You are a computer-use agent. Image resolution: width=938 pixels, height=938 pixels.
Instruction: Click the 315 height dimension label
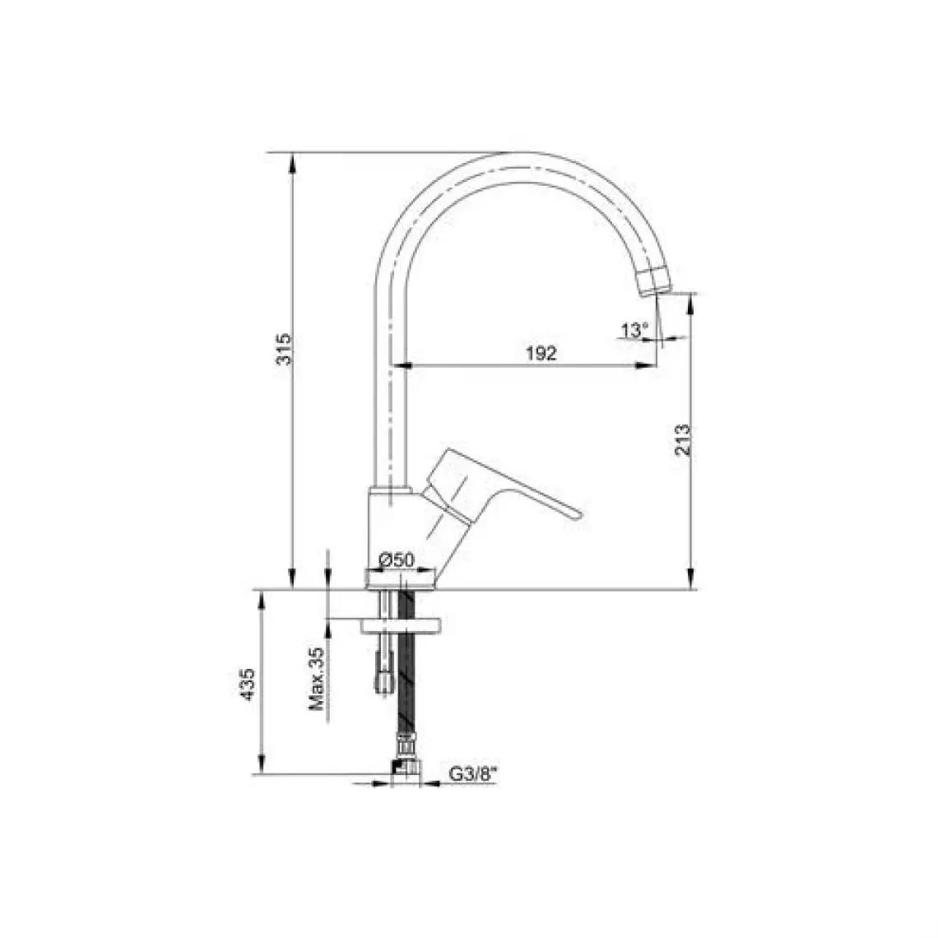pos(286,350)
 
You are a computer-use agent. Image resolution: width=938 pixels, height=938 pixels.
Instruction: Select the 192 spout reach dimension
pos(541,354)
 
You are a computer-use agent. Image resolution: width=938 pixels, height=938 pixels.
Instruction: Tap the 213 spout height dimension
pos(683,439)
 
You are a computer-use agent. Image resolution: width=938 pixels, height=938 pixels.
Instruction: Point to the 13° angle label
pos(634,330)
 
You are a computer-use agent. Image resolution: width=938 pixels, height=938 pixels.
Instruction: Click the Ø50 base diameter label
pos(397,560)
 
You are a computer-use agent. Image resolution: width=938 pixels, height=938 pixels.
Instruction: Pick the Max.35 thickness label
pos(317,679)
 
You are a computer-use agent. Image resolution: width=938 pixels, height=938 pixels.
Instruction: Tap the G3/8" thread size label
pos(473,774)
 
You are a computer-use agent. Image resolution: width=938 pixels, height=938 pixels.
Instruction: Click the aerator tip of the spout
pos(654,281)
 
